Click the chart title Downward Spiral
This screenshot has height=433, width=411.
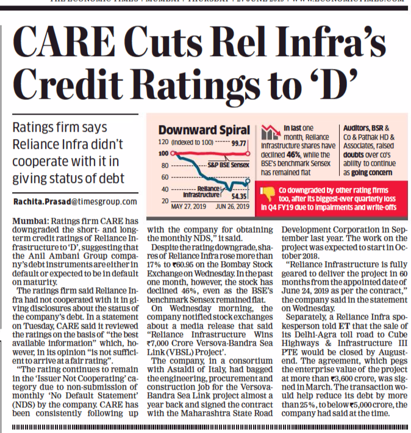(204, 130)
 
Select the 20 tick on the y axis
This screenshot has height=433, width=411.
(165, 201)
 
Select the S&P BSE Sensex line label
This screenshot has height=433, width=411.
(226, 165)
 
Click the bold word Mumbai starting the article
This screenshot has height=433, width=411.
(29, 220)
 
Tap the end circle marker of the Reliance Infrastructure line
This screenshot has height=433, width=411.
(248, 181)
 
